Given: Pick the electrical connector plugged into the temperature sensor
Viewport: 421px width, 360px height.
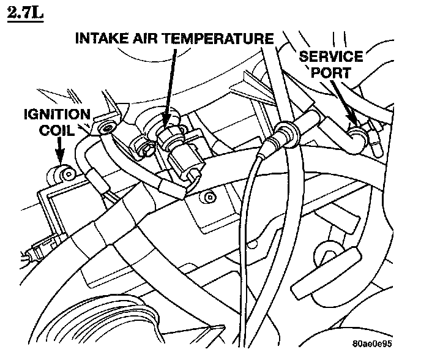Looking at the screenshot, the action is coord(185,160).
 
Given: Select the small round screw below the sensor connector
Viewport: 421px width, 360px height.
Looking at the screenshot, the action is coord(210,197).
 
